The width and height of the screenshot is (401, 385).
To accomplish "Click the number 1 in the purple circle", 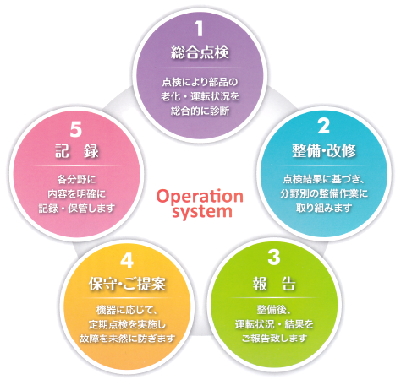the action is coord(200,29).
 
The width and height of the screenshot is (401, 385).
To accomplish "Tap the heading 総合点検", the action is coord(200,52).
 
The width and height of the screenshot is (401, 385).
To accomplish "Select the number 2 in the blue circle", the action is coord(323,127).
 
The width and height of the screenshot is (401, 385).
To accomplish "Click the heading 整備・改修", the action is coord(324,150).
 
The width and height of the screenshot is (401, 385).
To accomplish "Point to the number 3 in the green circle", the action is coord(274,258).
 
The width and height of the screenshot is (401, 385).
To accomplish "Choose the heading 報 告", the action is coord(274,284).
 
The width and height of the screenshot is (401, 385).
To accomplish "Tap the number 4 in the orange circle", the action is coord(127,261).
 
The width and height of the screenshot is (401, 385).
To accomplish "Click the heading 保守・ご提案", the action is coord(127,284).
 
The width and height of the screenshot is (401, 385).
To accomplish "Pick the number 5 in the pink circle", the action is coord(76,130).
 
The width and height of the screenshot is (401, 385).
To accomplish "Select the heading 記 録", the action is coord(76,151).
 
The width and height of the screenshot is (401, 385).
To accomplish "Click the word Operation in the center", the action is coord(200,197).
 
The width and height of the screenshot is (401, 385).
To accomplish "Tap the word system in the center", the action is coord(202,212).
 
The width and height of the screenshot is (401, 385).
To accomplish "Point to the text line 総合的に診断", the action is coord(200,111).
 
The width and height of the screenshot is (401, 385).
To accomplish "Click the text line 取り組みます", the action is coord(324,209).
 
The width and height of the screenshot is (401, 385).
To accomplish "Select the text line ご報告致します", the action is coord(274,339).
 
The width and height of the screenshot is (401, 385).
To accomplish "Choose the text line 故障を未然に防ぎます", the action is coord(128,339).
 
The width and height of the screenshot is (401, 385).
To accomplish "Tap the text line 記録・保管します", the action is coord(77,209).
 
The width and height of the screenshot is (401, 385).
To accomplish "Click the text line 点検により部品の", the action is coord(200,82).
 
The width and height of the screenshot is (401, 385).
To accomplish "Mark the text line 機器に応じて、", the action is coord(127,310).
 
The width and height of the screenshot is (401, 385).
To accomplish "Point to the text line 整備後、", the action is coord(274,310).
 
